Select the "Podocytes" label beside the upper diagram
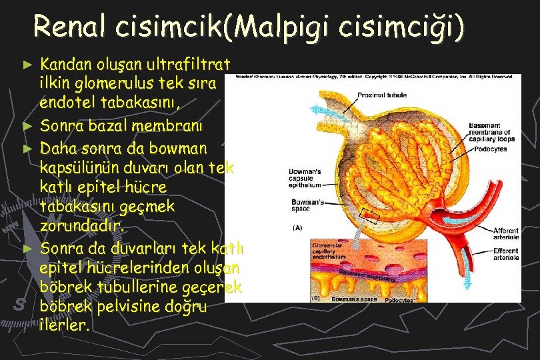pyautogui.click(x=492, y=149)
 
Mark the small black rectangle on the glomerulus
pyautogui.click(x=369, y=215)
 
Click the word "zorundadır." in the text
pyautogui.click(x=82, y=227)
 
